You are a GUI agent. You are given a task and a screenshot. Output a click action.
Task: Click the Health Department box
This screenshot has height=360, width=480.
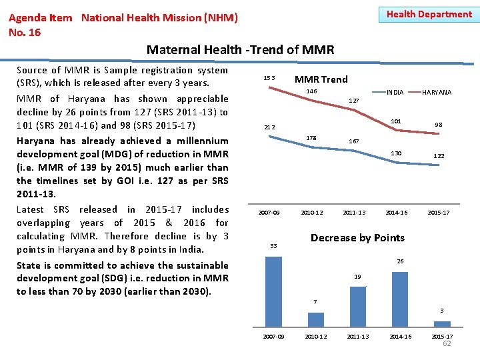[x=429, y=14]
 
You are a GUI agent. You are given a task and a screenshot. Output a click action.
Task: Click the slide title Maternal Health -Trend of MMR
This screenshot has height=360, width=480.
[x=240, y=49]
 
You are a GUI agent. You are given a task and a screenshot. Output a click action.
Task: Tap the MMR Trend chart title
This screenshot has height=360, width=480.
[x=321, y=79]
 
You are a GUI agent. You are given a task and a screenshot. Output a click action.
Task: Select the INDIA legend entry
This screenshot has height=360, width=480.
[x=395, y=93]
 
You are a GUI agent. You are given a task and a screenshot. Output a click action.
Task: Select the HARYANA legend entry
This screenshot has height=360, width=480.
[x=437, y=93]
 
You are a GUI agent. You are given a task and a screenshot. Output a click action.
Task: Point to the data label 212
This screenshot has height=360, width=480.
[x=269, y=127]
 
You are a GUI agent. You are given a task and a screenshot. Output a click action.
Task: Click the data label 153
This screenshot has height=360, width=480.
[x=269, y=78]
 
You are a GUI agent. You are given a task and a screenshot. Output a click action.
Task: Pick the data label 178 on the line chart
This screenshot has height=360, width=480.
[x=311, y=138]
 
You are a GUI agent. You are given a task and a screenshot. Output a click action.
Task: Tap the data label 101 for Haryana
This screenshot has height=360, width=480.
[x=395, y=121]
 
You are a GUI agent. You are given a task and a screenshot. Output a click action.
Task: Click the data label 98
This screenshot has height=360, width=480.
[x=439, y=125]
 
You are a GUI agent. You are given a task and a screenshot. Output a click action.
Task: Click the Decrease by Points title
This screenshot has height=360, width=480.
[x=357, y=238]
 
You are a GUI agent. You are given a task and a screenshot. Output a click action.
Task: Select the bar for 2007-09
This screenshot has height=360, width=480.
[x=273, y=292]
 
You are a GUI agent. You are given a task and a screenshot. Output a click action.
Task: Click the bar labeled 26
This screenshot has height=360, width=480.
[x=399, y=300]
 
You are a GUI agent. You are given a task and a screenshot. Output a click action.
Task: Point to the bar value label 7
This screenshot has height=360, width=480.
[x=315, y=302]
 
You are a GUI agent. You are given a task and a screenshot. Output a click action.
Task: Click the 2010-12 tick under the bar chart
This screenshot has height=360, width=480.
[x=315, y=337]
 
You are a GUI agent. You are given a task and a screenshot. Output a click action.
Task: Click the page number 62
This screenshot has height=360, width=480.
[x=447, y=344]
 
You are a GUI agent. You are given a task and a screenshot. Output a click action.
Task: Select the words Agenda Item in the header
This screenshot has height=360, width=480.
[x=40, y=18]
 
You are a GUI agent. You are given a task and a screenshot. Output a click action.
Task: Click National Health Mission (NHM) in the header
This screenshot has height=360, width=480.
[x=159, y=18]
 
